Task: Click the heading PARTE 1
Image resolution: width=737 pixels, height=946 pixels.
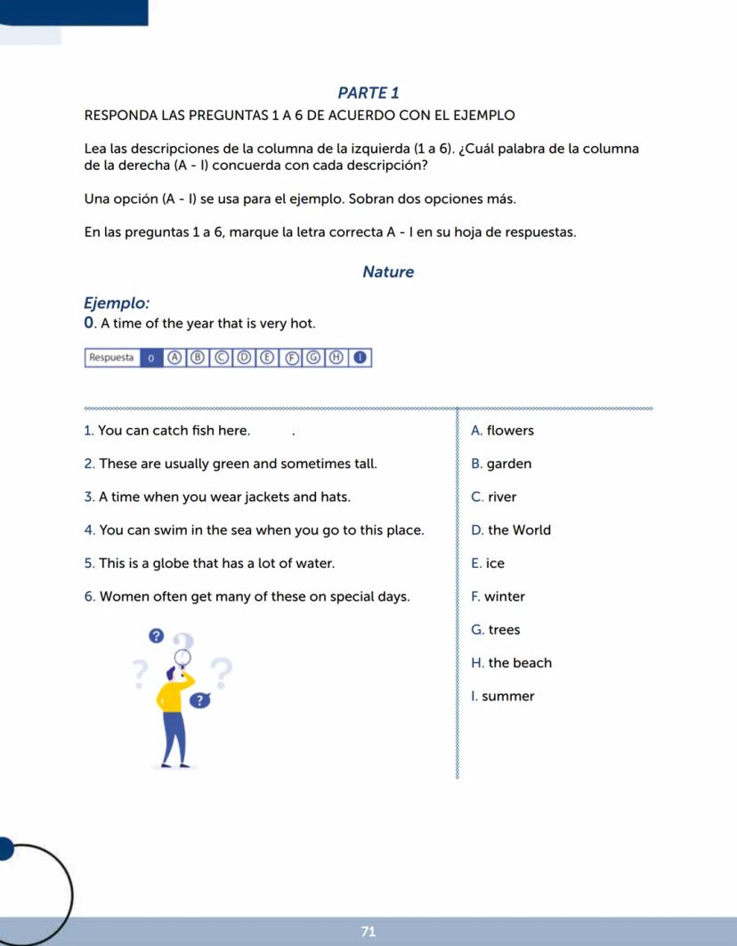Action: coord(368,93)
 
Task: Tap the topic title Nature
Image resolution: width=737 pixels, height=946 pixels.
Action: coord(388,272)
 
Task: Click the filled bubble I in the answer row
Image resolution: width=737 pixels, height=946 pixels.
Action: coord(360,358)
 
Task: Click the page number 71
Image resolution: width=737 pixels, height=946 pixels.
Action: coord(368,931)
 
